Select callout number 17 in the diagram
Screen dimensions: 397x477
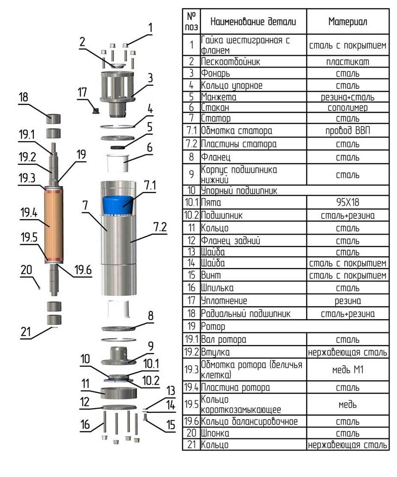click(x=82, y=92)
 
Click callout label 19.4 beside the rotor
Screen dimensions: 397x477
click(x=29, y=213)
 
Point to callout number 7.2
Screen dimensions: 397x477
click(x=160, y=227)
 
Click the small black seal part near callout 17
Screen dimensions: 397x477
click(x=95, y=110)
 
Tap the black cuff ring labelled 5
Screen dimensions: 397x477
click(x=118, y=147)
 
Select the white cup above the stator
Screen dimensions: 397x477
click(x=118, y=163)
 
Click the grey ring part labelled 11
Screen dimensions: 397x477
click(x=119, y=393)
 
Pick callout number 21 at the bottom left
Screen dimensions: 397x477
click(x=26, y=332)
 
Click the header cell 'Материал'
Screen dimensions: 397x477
click(x=348, y=21)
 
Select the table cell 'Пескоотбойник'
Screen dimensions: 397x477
click(x=231, y=62)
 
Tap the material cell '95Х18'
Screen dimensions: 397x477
click(x=348, y=202)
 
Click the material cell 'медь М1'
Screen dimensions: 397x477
click(x=348, y=370)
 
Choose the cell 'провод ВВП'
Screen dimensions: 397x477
click(x=348, y=130)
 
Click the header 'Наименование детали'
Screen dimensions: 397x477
click(x=253, y=21)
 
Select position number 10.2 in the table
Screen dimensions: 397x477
click(x=191, y=215)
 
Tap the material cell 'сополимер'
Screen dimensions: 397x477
click(x=348, y=108)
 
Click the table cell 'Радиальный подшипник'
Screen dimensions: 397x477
click(x=246, y=314)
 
